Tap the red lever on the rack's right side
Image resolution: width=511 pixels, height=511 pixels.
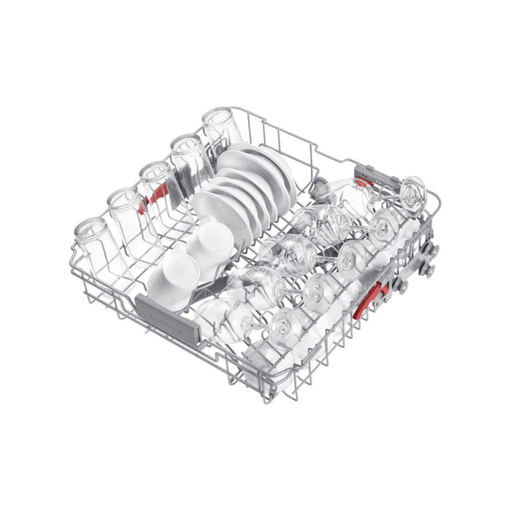[371, 299]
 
